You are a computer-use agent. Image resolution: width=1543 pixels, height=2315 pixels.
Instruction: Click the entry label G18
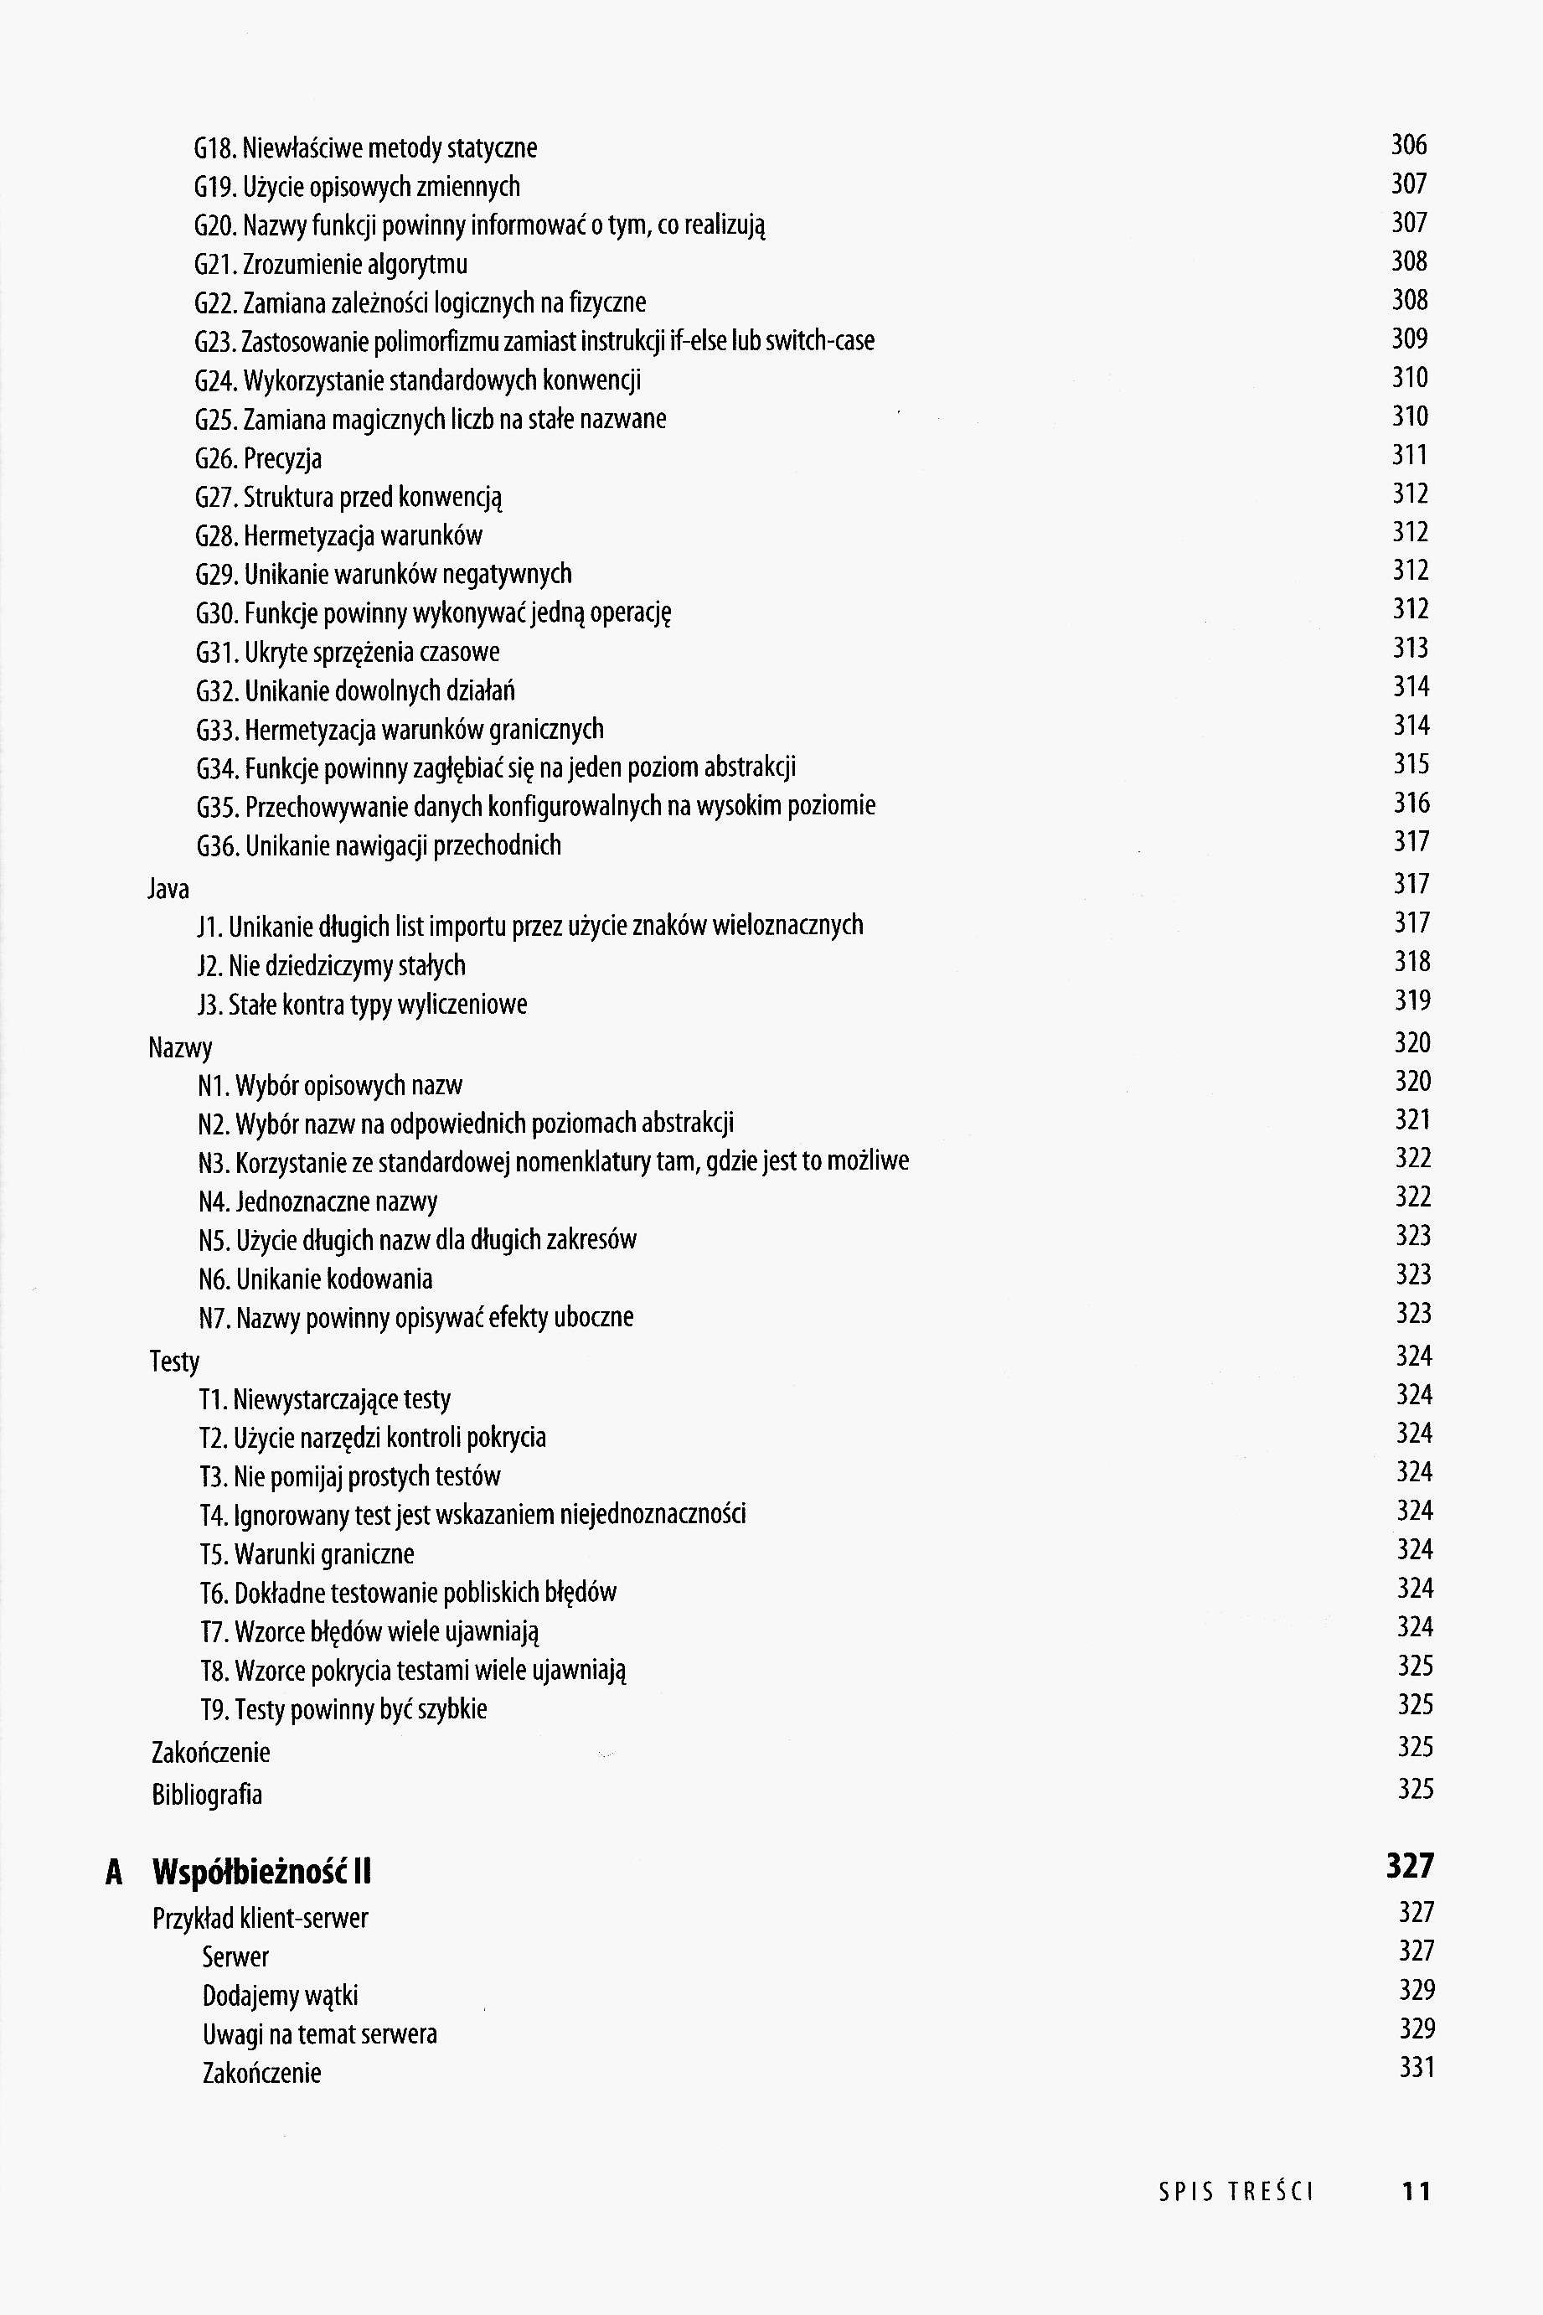click(x=214, y=148)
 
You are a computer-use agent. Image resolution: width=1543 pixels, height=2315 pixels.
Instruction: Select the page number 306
click(x=1408, y=146)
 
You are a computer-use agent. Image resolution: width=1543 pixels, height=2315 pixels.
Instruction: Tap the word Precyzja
click(x=282, y=458)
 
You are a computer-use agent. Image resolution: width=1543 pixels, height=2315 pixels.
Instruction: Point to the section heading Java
click(x=168, y=889)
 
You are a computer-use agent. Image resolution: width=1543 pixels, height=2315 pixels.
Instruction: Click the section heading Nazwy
click(x=180, y=1047)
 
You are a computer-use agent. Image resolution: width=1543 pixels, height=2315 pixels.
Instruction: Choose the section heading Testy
click(x=174, y=1362)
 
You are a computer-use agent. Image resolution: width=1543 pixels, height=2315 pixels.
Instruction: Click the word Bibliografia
click(x=207, y=1795)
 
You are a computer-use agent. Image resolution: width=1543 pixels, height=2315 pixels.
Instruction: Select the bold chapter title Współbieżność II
click(x=261, y=1871)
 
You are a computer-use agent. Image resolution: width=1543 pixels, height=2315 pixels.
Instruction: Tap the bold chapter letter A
click(x=114, y=1872)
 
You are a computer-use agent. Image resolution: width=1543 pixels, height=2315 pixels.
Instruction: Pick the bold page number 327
click(x=1410, y=1866)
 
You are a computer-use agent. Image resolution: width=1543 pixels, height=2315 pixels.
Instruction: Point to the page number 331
click(x=1416, y=2068)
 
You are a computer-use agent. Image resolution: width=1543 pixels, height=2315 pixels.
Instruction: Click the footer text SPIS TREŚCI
click(x=1236, y=2192)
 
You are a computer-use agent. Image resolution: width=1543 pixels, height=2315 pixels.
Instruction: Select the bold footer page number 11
click(x=1415, y=2192)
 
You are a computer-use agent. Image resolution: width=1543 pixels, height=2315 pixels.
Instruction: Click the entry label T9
click(x=215, y=1710)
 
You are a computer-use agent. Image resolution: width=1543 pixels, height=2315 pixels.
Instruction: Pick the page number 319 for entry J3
click(x=1412, y=1001)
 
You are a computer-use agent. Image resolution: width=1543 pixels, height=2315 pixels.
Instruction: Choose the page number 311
click(x=1409, y=455)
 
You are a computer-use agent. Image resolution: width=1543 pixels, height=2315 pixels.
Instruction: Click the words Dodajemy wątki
click(x=280, y=1996)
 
